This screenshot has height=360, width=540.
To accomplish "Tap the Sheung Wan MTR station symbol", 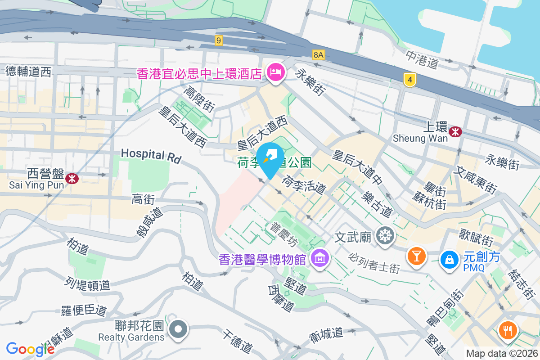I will (456, 131).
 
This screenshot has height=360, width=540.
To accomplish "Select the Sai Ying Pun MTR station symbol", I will (72, 179).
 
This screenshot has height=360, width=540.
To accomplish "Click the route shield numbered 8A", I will (319, 55).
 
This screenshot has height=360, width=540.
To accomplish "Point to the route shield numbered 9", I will (219, 40).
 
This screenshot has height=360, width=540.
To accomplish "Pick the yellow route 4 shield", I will (409, 80).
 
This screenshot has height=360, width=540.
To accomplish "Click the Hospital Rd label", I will (151, 156).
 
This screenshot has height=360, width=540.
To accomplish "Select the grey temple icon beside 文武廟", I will (386, 235).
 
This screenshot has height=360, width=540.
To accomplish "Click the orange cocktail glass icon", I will (416, 256).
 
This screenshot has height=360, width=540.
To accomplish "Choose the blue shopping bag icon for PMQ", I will (449, 259).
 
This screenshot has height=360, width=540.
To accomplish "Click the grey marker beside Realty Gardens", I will (179, 329).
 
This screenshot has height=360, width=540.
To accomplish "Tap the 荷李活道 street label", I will (304, 185).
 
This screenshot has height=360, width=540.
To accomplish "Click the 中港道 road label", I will (422, 60).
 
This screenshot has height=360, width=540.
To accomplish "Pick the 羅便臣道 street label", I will (84, 310).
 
